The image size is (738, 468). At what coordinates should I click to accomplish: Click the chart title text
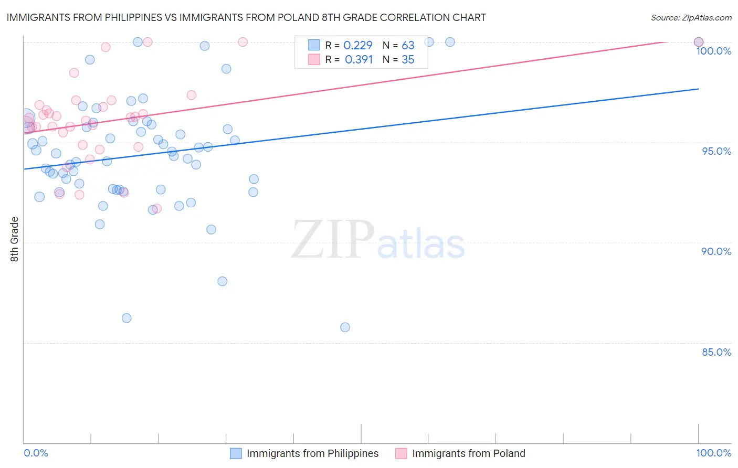[x=246, y=17]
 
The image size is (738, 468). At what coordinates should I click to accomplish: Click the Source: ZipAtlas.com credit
[x=691, y=17]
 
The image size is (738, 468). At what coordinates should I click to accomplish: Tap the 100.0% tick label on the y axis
[x=713, y=51]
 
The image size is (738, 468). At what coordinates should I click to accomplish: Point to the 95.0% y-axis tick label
[x=716, y=151]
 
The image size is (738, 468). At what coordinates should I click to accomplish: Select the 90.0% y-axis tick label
[x=716, y=251]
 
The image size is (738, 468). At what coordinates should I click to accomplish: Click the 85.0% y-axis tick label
[x=716, y=352]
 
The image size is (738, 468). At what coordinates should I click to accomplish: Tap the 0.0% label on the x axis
[x=36, y=453]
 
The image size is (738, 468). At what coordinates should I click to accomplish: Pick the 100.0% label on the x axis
[x=713, y=453]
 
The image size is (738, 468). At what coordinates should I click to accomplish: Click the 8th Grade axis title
[x=15, y=239]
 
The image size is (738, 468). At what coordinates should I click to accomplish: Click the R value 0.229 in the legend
[x=357, y=46]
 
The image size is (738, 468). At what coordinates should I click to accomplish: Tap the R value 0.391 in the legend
[x=359, y=60]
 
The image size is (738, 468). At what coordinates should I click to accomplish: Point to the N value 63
[x=408, y=46]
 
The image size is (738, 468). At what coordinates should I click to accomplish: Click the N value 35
[x=408, y=60]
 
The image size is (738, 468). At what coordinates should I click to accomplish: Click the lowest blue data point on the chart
[x=345, y=327]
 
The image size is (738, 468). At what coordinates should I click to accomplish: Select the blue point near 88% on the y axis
[x=223, y=281]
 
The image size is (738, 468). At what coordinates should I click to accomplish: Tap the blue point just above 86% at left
[x=126, y=318]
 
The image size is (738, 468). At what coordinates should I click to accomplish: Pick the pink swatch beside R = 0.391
[x=314, y=60]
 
